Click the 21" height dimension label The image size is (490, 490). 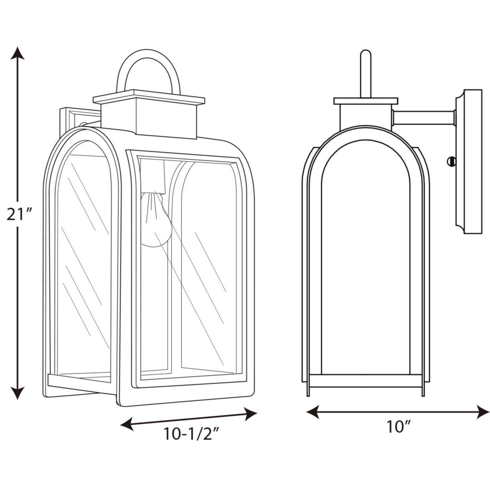click(18, 213)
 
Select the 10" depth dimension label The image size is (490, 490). click(398, 426)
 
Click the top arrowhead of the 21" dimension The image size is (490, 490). click(17, 53)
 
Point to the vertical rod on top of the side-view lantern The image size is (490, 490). click(366, 73)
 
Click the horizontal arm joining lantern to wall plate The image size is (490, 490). click(424, 118)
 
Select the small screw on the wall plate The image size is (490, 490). click(451, 161)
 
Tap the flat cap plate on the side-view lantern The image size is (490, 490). click(366, 101)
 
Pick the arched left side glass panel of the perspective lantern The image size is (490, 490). click(84, 263)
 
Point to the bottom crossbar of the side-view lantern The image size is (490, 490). click(366, 381)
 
